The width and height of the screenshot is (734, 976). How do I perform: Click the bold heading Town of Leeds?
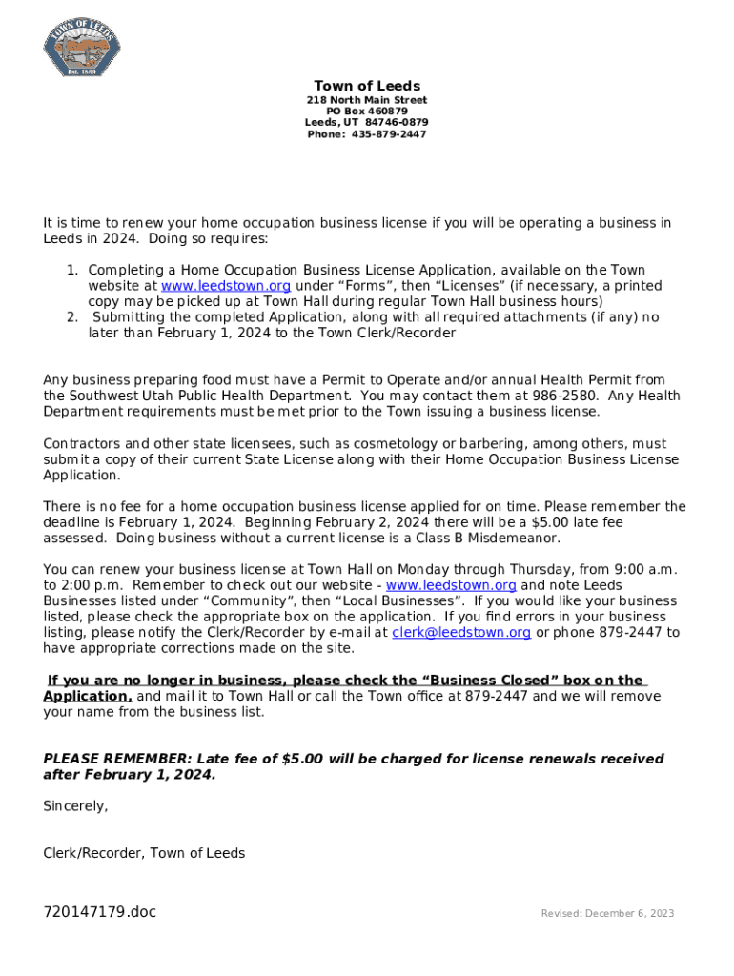367,86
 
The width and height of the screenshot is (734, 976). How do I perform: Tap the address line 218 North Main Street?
367,100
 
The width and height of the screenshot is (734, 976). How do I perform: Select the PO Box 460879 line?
367,112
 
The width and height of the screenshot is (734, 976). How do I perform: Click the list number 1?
71,271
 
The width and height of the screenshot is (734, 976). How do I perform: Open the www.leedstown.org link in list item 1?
226,286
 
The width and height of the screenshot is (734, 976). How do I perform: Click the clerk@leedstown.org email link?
461,632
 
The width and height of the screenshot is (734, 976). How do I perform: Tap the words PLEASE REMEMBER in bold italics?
116,759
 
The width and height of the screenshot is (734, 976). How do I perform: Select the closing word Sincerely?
75,806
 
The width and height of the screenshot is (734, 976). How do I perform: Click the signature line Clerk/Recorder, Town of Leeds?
144,853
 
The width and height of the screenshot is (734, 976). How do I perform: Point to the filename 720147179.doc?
99,912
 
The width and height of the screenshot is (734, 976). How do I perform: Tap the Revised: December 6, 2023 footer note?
607,913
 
